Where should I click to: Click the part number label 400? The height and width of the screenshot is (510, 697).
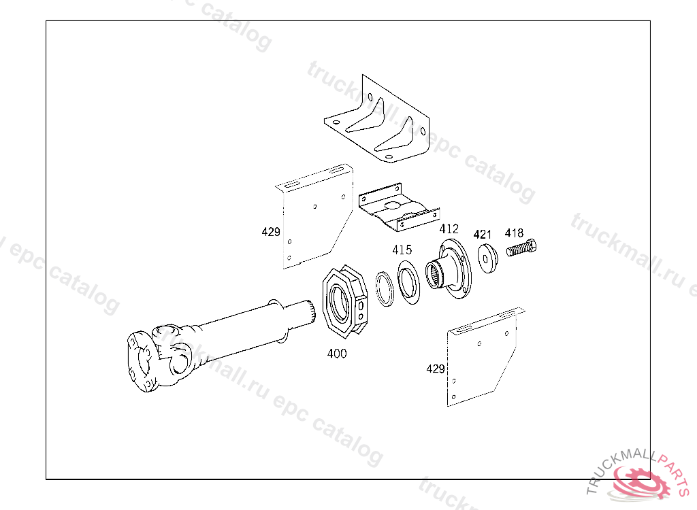337,354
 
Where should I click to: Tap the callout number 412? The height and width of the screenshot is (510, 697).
449,229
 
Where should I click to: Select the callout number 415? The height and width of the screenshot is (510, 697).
402,250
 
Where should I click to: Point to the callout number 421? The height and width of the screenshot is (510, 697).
482,235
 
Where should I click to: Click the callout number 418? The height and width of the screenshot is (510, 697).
514,233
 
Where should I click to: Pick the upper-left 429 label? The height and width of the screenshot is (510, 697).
271,232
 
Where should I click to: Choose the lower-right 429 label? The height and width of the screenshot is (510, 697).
436,369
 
